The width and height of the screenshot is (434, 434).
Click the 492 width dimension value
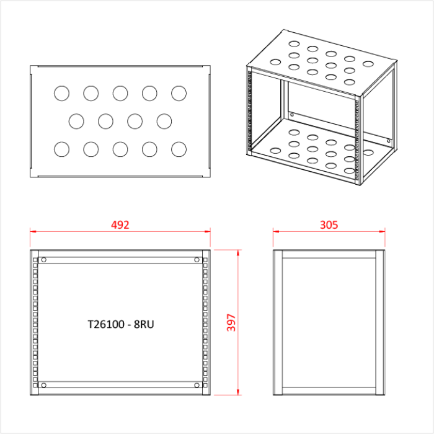pos(120,224)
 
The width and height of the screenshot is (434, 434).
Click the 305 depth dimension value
pos(329,224)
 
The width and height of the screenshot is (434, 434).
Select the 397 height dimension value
pos(231,322)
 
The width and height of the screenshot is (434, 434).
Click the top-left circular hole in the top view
pos(61,93)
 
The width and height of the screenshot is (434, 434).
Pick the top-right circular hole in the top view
pos(179,93)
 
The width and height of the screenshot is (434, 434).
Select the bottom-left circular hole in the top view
pos(61,149)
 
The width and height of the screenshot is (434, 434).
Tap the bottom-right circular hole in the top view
pos(179,149)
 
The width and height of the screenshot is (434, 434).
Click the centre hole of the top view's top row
pos(120,93)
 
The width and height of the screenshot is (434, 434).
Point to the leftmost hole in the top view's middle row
pos(76,120)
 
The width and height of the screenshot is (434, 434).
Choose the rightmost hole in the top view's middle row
pos(164,120)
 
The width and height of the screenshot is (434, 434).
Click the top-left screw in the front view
pos(43,259)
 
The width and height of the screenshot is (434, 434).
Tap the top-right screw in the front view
pos(197,259)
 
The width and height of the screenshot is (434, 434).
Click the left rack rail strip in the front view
pos(35,322)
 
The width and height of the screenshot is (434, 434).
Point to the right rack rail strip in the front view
pos(206,322)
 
